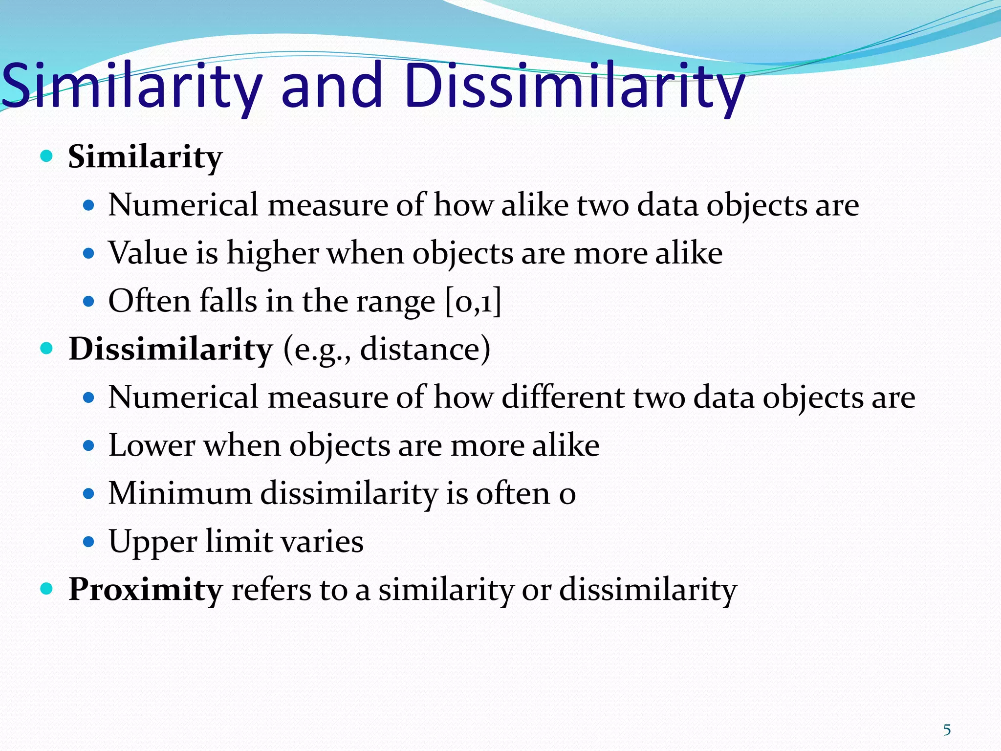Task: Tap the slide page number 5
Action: (947, 730)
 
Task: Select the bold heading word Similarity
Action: (145, 157)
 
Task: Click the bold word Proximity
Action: (145, 590)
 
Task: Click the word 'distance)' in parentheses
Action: (425, 349)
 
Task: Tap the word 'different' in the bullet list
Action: (563, 397)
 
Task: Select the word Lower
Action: (152, 445)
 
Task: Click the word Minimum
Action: (180, 493)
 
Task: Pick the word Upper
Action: (152, 542)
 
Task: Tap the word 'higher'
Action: (273, 253)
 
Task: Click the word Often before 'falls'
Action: (149, 301)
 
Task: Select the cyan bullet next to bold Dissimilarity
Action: (46, 349)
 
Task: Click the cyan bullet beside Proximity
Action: (46, 589)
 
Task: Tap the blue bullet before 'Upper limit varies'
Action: (88, 542)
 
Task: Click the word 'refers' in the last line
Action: (271, 590)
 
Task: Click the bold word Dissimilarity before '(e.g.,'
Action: (170, 349)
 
